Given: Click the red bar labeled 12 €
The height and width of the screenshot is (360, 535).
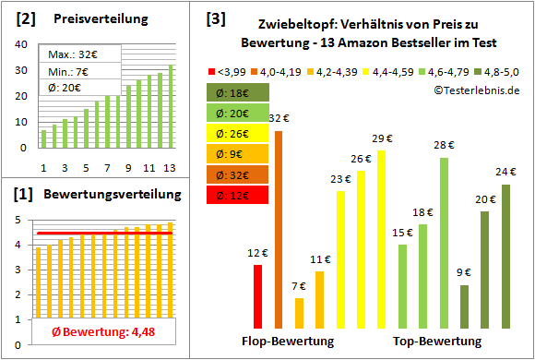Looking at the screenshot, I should [x=257, y=296].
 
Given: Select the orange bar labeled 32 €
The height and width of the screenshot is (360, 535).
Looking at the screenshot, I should [x=279, y=230].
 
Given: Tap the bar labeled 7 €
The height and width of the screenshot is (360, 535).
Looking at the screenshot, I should [x=299, y=313].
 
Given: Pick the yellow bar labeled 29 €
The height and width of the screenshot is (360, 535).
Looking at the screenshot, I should [x=381, y=239].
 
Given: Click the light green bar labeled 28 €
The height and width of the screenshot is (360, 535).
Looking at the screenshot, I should [x=444, y=243].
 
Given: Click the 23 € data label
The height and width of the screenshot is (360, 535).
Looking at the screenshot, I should [x=340, y=179].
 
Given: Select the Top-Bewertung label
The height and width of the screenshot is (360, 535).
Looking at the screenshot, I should [x=437, y=342].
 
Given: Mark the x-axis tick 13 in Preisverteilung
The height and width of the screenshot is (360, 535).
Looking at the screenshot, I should [x=170, y=168].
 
